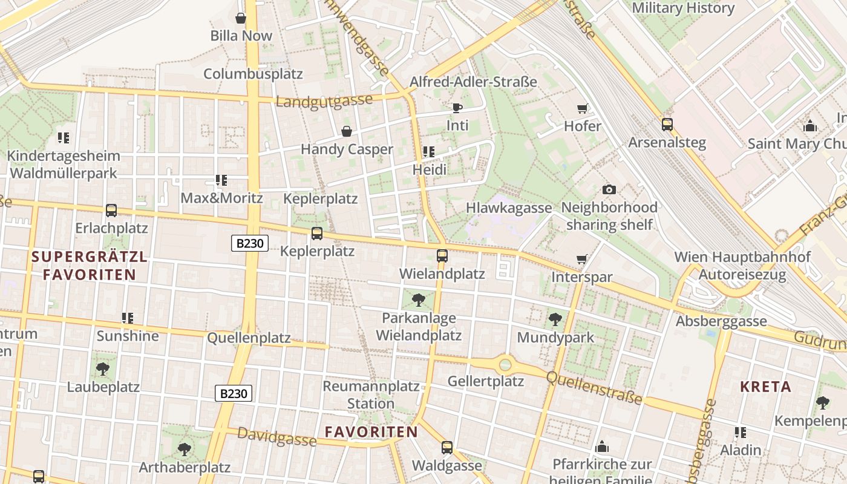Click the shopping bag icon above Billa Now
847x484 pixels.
pyautogui.click(x=241, y=18)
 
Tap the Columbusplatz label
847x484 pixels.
pyautogui.click(x=253, y=74)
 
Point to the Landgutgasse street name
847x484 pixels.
pyautogui.click(x=324, y=101)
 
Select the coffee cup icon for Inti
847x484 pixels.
pyautogui.click(x=457, y=108)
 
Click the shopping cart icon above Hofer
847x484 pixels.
pyautogui.click(x=582, y=109)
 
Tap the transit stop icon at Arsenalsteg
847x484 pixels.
pyautogui.click(x=667, y=125)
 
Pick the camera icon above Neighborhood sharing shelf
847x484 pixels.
pyautogui.click(x=609, y=189)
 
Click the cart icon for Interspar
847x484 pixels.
pyautogui.click(x=581, y=260)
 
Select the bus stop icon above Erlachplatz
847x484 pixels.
pyautogui.click(x=111, y=211)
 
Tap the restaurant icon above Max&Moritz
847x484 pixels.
pyautogui.click(x=221, y=180)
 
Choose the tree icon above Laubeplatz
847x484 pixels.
pyautogui.click(x=103, y=368)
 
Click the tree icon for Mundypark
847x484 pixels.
pyautogui.click(x=555, y=319)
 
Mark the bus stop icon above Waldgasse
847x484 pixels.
pyautogui.click(x=447, y=448)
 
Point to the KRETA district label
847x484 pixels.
pyautogui.click(x=765, y=387)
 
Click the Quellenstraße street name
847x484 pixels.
pyautogui.click(x=594, y=387)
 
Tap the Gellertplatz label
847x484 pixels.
pyautogui.click(x=485, y=381)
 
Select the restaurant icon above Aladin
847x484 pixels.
pyautogui.click(x=741, y=433)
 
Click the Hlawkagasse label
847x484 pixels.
pyautogui.click(x=509, y=208)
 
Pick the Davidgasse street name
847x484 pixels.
pyautogui.click(x=276, y=436)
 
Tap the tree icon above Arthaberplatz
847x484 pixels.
pyautogui.click(x=185, y=450)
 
